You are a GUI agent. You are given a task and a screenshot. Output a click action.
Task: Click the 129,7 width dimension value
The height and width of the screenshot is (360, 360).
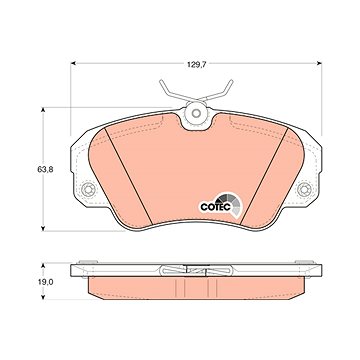click(196, 65)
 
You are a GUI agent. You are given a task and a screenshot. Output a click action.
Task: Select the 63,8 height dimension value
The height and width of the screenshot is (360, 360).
click(45, 169)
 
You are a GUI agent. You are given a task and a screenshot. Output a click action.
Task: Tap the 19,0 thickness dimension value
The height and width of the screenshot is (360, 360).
click(45, 281)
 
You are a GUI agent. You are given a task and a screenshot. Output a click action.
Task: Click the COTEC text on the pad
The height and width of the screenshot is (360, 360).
click(215, 207)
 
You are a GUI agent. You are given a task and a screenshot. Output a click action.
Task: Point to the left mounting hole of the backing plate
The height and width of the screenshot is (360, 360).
click(89, 190)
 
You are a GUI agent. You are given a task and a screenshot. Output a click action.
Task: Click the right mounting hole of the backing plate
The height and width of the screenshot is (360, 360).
click(304, 190)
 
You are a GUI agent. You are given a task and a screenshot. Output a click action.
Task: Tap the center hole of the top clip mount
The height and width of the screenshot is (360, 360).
click(196, 113)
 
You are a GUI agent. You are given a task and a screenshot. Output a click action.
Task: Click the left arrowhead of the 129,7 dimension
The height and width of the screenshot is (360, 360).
click(74, 63)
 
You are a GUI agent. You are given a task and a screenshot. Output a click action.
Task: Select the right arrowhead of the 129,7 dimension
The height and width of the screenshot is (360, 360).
click(319, 63)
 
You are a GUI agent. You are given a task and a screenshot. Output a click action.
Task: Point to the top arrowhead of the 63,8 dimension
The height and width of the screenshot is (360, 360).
click(43, 110)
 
